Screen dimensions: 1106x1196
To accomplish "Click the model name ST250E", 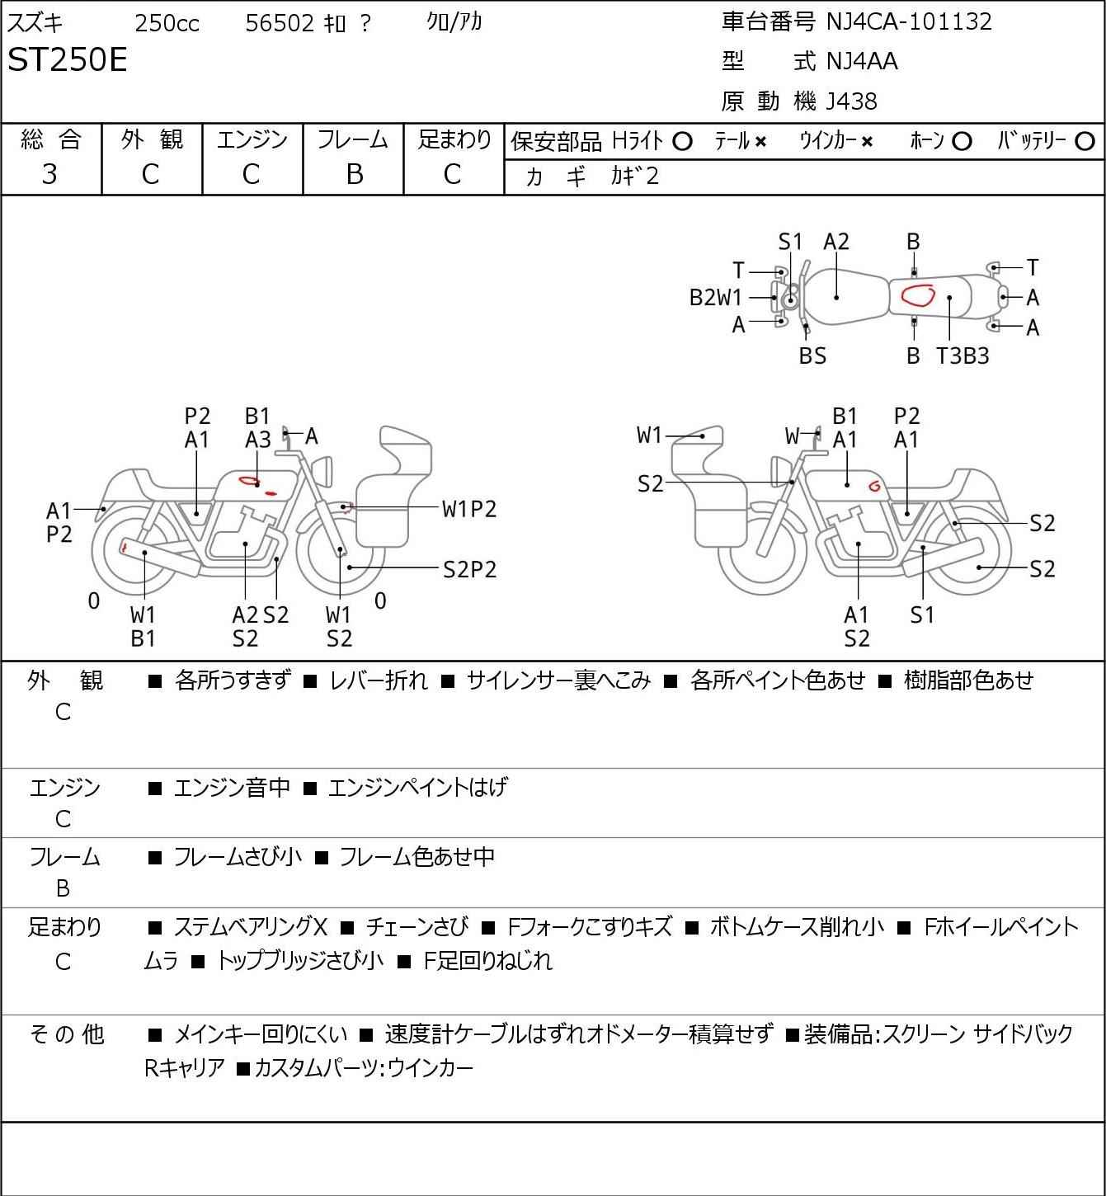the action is tap(67, 59).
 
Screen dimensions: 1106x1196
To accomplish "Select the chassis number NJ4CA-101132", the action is tap(908, 21).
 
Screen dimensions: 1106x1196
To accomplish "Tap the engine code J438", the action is tap(851, 101).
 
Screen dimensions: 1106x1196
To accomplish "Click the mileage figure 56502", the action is tap(280, 23).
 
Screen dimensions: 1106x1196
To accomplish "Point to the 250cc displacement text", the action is tap(167, 23).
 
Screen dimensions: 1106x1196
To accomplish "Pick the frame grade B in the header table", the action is tap(354, 174).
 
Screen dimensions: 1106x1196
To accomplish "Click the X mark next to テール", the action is tap(760, 142).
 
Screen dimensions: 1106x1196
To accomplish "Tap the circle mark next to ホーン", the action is tap(962, 142).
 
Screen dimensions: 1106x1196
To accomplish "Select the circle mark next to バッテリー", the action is tap(1085, 142).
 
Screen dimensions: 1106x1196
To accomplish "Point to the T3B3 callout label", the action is tap(962, 356).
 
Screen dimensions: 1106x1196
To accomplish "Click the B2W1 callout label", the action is tap(715, 298).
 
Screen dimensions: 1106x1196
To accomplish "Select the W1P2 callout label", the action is tap(469, 510).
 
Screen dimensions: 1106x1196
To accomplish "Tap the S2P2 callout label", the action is tap(470, 570).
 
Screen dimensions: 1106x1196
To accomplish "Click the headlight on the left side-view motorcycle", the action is tap(323, 471).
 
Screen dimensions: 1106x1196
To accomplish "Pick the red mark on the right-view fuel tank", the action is tap(874, 485).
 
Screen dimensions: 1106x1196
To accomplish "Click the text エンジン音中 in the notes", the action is tap(232, 788).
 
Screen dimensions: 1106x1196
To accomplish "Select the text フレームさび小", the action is tap(238, 857).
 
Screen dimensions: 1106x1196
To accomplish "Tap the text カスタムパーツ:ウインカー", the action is tap(364, 1068).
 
